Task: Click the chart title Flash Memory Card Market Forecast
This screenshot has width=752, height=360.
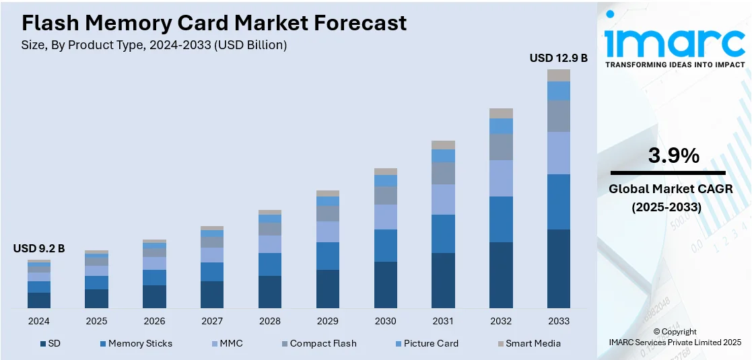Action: [214, 23]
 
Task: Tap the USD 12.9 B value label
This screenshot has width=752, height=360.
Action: [558, 59]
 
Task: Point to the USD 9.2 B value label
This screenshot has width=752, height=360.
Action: [39, 248]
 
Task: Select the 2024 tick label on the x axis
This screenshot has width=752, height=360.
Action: [39, 321]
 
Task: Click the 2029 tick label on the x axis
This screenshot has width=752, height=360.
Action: [328, 321]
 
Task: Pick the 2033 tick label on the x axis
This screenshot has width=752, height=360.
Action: [559, 321]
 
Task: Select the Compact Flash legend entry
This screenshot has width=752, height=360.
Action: [318, 343]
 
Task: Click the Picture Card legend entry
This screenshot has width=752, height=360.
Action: [426, 343]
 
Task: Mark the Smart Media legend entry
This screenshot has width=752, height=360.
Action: [528, 343]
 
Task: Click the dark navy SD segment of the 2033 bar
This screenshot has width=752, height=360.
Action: [559, 268]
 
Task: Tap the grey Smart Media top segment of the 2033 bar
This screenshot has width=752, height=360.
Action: [559, 75]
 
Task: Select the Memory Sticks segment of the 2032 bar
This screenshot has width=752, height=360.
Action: [501, 219]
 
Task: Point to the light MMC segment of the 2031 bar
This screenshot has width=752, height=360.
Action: [443, 199]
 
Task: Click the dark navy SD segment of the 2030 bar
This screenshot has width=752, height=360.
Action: [386, 285]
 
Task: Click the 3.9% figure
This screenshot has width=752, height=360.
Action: [673, 156]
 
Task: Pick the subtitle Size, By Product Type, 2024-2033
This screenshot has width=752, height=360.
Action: [154, 46]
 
